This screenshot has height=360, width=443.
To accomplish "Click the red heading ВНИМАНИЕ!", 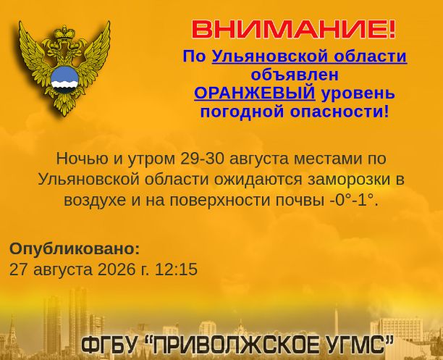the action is pos(294,30).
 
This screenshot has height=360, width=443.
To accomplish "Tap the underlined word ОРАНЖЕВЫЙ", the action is pos(255,93).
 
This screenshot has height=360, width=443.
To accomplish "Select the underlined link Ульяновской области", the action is pos(309,56).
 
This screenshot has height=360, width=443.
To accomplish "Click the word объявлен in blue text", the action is pos(295,75).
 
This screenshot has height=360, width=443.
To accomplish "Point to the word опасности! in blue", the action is pos(339,112).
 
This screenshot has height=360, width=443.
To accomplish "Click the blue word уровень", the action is pos(358,93).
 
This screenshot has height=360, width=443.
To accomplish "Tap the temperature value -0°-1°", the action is pos(354,200).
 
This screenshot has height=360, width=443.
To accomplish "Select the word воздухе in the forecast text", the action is pos(95,201).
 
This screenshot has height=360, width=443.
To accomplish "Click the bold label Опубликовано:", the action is pos(75,249).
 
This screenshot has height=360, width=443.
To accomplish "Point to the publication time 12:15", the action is pos(176,269).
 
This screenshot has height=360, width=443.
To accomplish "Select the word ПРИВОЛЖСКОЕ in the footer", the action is pos(234,345).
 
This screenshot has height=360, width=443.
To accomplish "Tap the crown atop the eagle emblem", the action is pos(64,33).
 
